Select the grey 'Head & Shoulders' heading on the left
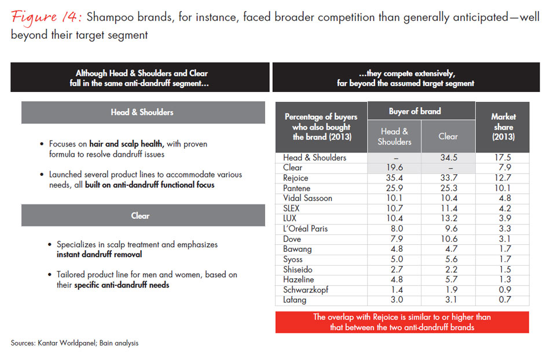[142, 112]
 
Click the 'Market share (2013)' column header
[503, 127]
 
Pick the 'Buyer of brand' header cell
[415, 111]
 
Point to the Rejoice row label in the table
[295, 178]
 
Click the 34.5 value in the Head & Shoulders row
[448, 157]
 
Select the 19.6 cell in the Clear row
[394, 168]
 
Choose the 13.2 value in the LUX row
[448, 218]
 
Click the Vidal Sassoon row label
[307, 198]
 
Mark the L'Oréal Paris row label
[305, 229]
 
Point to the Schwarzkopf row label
[306, 289]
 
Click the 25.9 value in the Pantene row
[394, 188]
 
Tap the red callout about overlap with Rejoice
[402, 322]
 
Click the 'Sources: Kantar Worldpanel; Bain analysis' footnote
[75, 343]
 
